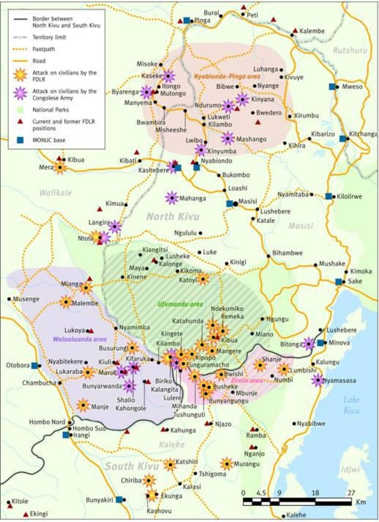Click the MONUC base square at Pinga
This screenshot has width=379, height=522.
186,20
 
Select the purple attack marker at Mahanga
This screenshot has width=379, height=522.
171,198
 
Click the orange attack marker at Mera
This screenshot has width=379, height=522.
60,167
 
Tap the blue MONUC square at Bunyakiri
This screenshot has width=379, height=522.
119,500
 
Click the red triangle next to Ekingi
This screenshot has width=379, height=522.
26,514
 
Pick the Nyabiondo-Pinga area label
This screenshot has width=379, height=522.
227,76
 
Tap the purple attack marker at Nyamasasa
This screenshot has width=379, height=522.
318,379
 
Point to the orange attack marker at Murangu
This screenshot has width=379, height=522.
227,464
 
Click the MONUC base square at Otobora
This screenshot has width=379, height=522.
35,365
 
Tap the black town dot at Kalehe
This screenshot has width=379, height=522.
284,516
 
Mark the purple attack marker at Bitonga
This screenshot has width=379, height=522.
308,344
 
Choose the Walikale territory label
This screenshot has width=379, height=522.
55,193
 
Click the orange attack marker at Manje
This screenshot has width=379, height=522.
83,406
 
